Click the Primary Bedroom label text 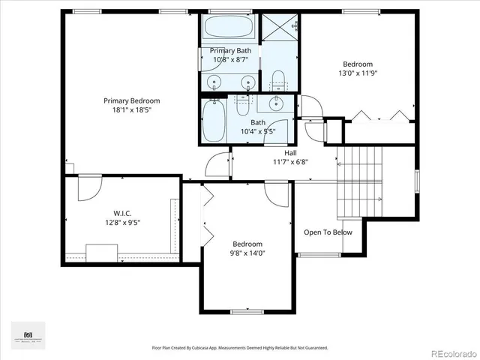pos(131,100)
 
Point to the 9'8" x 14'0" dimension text pos(247,253)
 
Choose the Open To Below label pos(328,232)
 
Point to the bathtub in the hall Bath pos(213,121)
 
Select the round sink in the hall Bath pos(276,103)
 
